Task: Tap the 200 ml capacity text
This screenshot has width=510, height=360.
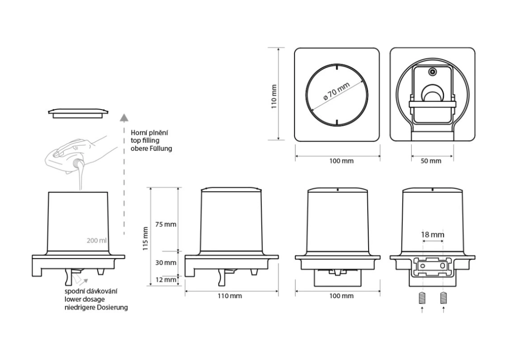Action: [97, 240]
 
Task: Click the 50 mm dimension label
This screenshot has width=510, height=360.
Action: [432, 161]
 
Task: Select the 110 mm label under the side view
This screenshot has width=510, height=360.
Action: [230, 296]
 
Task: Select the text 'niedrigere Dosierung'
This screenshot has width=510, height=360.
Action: [96, 307]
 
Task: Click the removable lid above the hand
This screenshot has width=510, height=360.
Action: [80, 113]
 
